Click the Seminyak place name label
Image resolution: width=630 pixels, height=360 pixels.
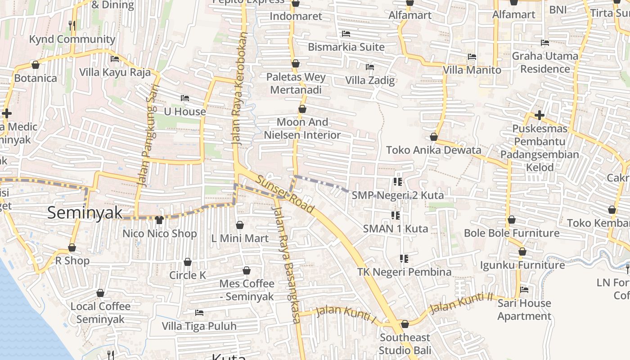pyautogui.click(x=85, y=212)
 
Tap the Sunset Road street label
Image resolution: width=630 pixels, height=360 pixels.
pyautogui.click(x=285, y=194)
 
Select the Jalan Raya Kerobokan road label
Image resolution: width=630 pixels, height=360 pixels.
pyautogui.click(x=239, y=88)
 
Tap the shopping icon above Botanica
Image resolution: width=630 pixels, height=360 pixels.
pyautogui.click(x=36, y=65)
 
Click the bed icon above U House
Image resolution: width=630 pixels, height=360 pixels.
pyautogui.click(x=184, y=98)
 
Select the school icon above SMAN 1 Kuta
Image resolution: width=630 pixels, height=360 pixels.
pyautogui.click(x=396, y=215)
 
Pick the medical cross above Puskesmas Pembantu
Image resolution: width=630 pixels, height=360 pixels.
pyautogui.click(x=540, y=115)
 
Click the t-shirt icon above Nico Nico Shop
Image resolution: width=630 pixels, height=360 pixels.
pyautogui.click(x=159, y=220)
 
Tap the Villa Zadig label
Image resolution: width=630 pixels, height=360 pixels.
pyautogui.click(x=370, y=81)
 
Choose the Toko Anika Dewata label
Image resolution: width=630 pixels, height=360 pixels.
pyautogui.click(x=434, y=150)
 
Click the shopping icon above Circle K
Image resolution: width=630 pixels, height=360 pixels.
pyautogui.click(x=188, y=262)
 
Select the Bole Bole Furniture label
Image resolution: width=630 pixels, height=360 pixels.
pyautogui.click(x=512, y=233)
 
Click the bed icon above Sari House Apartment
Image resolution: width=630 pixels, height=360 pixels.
pyautogui.click(x=524, y=290)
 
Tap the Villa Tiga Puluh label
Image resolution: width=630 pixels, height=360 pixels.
pyautogui.click(x=199, y=326)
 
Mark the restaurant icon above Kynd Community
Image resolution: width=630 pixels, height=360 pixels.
pyautogui.click(x=72, y=26)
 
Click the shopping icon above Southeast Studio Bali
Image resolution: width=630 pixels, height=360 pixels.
pyautogui.click(x=405, y=324)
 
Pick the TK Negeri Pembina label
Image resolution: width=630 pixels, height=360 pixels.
pyautogui.click(x=404, y=272)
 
